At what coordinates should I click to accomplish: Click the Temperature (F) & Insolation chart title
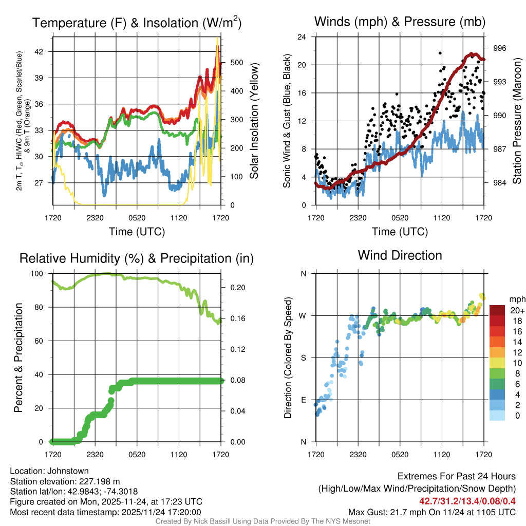click(x=137, y=23)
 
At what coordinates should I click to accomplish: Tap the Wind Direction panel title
click(x=400, y=255)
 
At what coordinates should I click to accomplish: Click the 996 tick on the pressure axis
click(x=499, y=48)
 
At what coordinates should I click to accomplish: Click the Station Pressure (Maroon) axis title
click(x=517, y=121)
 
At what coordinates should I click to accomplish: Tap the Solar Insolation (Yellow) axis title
click(x=254, y=121)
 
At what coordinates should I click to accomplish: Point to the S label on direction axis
click(x=304, y=358)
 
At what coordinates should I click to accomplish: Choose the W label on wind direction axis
click(x=303, y=315)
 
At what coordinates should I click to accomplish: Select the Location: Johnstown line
click(x=49, y=471)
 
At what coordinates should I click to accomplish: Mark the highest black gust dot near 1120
click(x=440, y=53)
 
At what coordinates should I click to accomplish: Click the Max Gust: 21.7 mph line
click(x=431, y=512)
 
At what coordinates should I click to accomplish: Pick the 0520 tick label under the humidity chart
click(x=137, y=454)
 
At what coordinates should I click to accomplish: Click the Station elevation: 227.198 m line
click(x=65, y=481)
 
